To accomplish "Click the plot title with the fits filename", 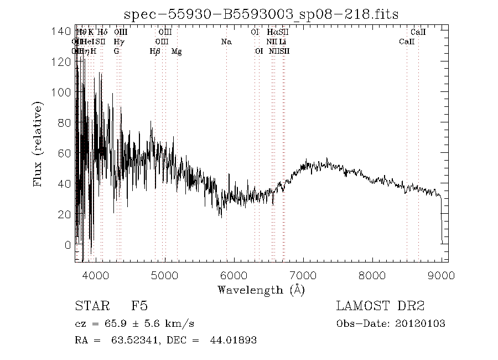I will (x=261, y=14).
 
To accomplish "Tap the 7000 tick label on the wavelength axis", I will (x=303, y=275).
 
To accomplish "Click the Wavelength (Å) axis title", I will (x=261, y=290).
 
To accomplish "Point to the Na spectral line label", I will (x=226, y=42).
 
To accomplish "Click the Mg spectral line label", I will (x=177, y=52).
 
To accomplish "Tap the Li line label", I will (x=283, y=42).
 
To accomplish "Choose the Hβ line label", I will (x=155, y=52).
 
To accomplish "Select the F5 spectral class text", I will (x=139, y=306).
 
